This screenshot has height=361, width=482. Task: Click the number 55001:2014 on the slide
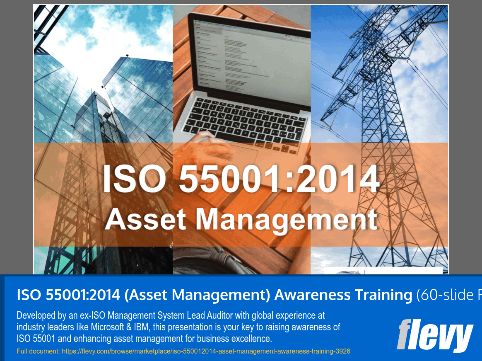tap(279, 179)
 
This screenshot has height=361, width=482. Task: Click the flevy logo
tap(434, 335)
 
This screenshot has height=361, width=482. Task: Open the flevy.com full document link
tap(206, 351)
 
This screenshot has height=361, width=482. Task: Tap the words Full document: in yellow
tap(38, 351)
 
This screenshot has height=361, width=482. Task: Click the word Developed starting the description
tap(36, 316)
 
